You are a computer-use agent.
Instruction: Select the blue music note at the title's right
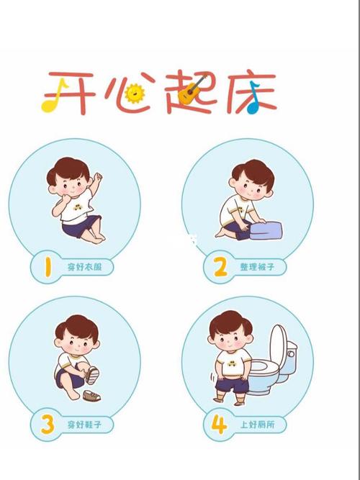coord(253,103)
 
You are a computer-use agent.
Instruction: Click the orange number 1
coord(46,268)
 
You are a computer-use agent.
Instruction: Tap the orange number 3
coord(46,425)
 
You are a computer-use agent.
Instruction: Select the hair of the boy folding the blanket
coord(252,173)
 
